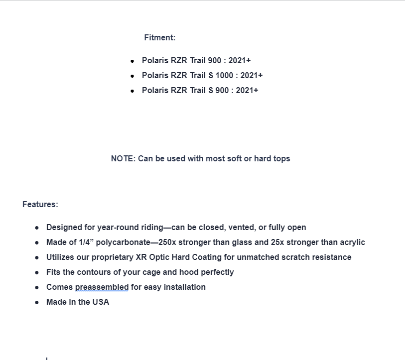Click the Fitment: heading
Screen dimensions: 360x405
click(159, 38)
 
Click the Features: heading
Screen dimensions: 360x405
click(40, 204)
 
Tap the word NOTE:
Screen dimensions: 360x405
click(123, 159)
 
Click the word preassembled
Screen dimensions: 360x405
click(102, 287)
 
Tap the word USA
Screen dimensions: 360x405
click(101, 302)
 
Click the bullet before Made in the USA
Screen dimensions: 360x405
click(37, 302)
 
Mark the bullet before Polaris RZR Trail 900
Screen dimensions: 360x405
click(132, 61)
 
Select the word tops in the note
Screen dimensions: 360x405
click(281, 159)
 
